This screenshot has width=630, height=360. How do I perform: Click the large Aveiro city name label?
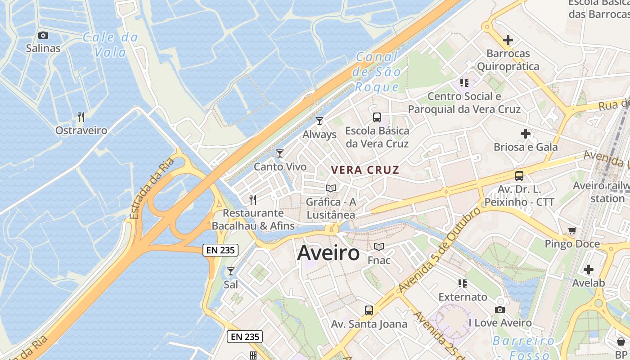[328, 253]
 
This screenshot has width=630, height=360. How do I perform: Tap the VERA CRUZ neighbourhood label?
[365, 170]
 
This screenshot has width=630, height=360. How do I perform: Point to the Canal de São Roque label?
[377, 72]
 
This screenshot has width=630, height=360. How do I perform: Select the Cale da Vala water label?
[110, 45]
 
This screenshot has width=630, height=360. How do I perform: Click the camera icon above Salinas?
[43, 35]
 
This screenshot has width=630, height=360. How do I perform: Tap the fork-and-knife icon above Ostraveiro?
[81, 117]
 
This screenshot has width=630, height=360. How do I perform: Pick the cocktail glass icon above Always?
[319, 121]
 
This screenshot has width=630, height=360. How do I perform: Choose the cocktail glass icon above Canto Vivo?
[280, 153]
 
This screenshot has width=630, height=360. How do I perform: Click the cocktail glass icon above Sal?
[231, 271]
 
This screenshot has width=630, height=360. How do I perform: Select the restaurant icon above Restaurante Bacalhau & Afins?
[253, 199]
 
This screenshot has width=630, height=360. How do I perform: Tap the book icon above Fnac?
[379, 247]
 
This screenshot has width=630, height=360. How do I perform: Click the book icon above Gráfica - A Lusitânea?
[331, 188]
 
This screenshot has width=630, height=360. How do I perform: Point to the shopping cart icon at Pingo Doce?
[572, 231]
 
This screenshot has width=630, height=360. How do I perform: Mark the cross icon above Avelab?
[589, 270]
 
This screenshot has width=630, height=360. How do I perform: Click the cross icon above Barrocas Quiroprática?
[508, 40]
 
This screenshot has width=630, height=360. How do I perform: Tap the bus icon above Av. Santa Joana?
[369, 310]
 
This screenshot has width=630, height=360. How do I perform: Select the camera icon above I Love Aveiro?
[500, 310]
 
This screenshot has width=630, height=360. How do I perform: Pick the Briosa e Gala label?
[526, 147]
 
